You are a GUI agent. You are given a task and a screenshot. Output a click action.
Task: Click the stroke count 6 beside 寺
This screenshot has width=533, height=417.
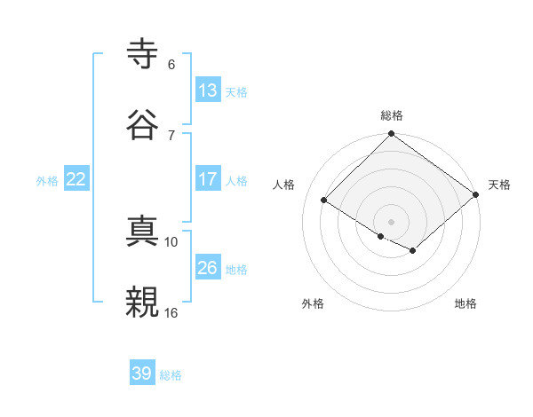click(x=171, y=65)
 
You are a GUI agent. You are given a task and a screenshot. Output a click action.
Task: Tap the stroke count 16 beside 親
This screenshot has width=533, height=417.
click(x=171, y=312)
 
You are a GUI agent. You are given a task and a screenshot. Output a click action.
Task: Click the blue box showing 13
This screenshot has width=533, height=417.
click(x=207, y=90)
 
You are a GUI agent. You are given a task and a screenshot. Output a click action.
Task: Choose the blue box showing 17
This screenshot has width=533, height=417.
click(x=207, y=178)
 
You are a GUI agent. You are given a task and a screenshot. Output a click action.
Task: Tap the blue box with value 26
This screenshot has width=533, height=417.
click(x=207, y=267)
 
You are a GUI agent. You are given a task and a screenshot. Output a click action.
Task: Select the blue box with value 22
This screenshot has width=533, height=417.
click(x=76, y=178)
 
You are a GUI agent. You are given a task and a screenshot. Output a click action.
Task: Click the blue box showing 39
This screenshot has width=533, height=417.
click(x=142, y=374)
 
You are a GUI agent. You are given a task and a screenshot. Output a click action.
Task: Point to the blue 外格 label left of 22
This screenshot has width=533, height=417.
click(x=47, y=181)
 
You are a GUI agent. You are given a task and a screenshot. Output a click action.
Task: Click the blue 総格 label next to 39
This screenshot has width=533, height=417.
click(x=171, y=376)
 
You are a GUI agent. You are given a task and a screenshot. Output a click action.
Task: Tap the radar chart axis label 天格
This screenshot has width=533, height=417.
click(x=499, y=185)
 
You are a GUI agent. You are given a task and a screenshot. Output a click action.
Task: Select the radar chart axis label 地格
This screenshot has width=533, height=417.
click(x=465, y=304)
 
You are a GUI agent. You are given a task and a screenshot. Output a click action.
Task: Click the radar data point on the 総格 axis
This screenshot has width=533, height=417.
click(x=391, y=134)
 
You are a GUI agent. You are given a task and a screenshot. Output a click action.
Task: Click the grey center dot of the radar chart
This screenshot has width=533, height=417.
click(x=391, y=221)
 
